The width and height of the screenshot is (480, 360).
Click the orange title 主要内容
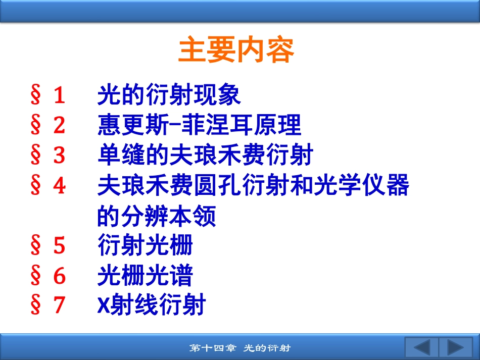tap(236, 49)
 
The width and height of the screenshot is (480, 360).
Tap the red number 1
tap(60, 95)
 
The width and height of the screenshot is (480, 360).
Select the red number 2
tap(60, 125)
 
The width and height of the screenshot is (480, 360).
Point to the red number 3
tap(60, 155)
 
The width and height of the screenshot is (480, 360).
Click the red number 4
tap(60, 185)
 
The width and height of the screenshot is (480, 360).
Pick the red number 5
tap(60, 245)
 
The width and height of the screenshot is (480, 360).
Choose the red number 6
tap(60, 275)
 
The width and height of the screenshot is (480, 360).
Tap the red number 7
tap(60, 305)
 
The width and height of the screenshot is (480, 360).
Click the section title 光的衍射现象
tap(169, 94)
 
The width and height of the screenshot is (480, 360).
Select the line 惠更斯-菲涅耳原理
tap(199, 125)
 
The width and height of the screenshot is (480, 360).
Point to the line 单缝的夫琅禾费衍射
tap(206, 155)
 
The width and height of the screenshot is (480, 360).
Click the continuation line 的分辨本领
tap(157, 216)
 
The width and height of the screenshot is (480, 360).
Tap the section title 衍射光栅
tap(145, 245)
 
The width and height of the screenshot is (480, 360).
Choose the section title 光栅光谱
tap(145, 275)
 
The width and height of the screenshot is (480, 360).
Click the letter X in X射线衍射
tap(104, 305)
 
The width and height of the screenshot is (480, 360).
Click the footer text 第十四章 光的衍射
tap(240, 348)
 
